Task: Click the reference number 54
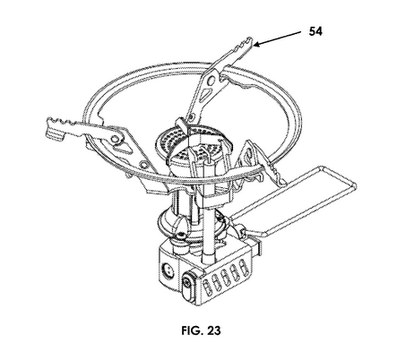[x=315, y=31]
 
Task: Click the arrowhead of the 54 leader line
[x=257, y=45]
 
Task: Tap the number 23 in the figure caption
[x=214, y=330]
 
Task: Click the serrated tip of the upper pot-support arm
[x=245, y=45]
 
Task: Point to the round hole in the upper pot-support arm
[x=211, y=80]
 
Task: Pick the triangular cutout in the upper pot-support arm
[x=206, y=94]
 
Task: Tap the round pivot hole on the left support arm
[x=115, y=138]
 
